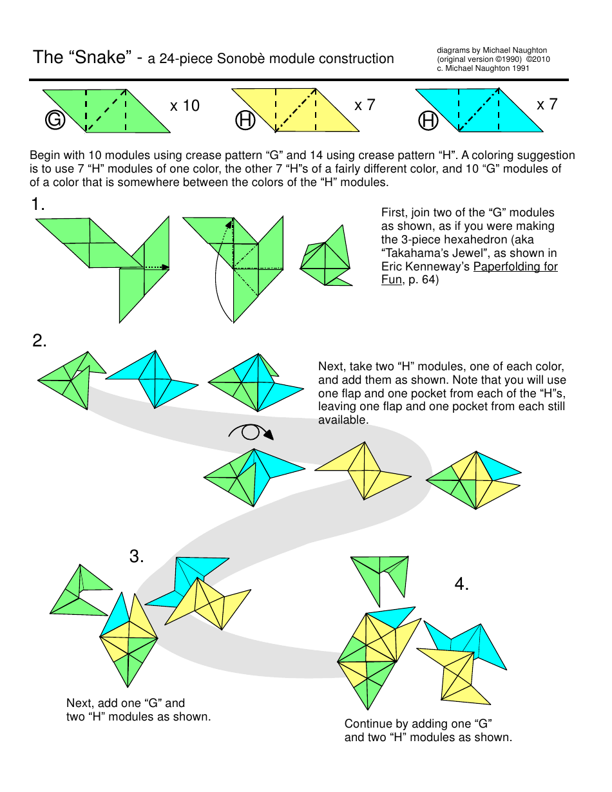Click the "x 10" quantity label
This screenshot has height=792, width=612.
(185, 106)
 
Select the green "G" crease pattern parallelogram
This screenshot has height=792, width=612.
(107, 111)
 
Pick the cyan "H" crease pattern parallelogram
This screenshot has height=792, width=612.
(479, 111)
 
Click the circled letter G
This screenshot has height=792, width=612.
(55, 120)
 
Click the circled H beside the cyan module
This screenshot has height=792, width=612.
(428, 120)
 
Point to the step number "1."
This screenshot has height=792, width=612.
(38, 205)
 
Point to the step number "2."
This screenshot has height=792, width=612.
(39, 341)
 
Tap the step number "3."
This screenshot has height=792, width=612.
(137, 556)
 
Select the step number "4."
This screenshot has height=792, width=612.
(461, 584)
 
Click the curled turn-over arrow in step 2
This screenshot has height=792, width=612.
(251, 431)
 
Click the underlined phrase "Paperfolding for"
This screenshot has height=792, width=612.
(515, 267)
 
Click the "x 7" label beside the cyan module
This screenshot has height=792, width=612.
(547, 104)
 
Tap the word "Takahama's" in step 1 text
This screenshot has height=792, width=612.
(413, 253)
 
